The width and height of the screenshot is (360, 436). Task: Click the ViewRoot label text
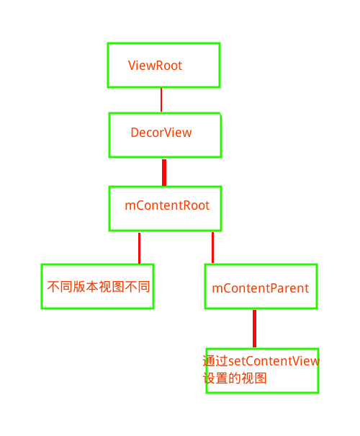(155, 66)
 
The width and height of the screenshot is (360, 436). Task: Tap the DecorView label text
(161, 133)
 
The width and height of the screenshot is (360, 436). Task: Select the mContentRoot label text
(167, 205)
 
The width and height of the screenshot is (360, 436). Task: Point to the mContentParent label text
(260, 288)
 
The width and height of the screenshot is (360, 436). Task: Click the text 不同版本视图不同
(98, 286)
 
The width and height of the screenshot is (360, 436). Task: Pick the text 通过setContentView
(261, 361)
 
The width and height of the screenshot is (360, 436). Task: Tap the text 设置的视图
(235, 378)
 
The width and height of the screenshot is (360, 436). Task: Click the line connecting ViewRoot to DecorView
(161, 99)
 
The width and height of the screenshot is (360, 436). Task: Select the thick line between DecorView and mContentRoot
(164, 172)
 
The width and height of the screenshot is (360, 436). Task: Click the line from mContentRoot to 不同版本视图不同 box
(139, 247)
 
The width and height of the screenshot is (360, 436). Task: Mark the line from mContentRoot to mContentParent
(212, 247)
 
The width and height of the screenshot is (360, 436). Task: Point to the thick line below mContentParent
(254, 329)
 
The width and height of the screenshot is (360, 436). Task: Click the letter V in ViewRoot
(132, 66)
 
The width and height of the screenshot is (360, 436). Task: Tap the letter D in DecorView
(135, 133)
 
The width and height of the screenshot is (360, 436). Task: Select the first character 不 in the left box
(53, 286)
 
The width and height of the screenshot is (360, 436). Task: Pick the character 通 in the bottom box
(209, 361)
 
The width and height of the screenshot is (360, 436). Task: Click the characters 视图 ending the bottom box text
(254, 378)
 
